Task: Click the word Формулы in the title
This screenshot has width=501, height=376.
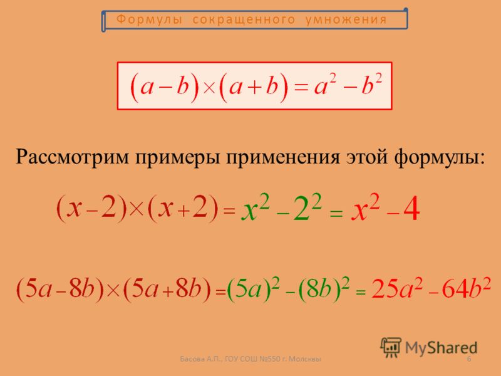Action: pyautogui.click(x=149, y=19)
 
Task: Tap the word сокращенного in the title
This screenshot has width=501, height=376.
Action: pyautogui.click(x=244, y=19)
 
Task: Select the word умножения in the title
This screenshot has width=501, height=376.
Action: pyautogui.click(x=346, y=19)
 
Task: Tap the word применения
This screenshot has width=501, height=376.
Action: pyautogui.click(x=283, y=157)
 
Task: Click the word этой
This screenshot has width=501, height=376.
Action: pyautogui.click(x=367, y=157)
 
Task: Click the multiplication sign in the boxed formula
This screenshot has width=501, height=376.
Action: pyautogui.click(x=209, y=87)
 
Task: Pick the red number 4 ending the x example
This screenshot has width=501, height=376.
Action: pyautogui.click(x=411, y=209)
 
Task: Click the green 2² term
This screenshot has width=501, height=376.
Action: pyautogui.click(x=307, y=208)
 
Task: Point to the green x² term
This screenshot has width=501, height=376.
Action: pyautogui.click(x=256, y=208)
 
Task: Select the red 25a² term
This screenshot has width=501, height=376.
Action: pyautogui.click(x=397, y=288)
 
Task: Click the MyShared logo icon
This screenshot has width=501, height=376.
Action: pyautogui.click(x=390, y=347)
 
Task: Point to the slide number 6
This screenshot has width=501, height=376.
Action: pyautogui.click(x=469, y=358)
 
